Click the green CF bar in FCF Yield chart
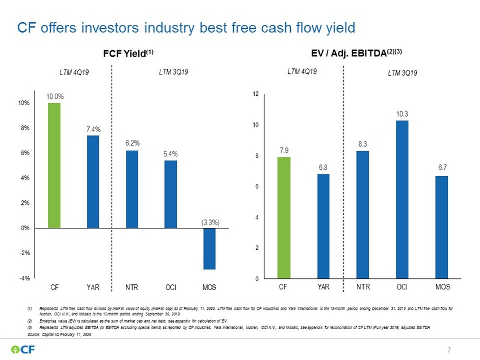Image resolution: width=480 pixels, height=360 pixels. (54, 165)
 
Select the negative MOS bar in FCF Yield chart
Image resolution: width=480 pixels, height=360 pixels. (210, 249)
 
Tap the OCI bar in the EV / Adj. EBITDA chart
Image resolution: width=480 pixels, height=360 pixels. (402, 199)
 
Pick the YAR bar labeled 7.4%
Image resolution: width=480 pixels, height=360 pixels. (93, 182)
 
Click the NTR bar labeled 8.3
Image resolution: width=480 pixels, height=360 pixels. (363, 215)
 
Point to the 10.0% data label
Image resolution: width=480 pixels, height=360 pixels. (55, 96)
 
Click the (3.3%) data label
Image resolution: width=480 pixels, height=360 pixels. (210, 222)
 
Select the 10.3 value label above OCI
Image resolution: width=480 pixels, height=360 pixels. (402, 114)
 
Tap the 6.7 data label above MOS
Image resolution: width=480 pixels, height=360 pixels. (442, 168)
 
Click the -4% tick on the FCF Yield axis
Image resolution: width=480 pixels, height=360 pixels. (25, 278)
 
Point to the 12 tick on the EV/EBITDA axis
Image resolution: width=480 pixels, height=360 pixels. (256, 94)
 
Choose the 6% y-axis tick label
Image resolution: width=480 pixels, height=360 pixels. (25, 153)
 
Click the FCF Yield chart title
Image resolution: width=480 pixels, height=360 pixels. (128, 53)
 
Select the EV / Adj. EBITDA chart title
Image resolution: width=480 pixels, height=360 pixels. (356, 53)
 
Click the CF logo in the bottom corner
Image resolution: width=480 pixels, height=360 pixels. (23, 349)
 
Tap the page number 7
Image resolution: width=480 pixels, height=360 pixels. (449, 350)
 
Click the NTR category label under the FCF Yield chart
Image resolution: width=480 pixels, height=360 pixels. (132, 288)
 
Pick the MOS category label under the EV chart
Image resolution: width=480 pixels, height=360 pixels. (443, 287)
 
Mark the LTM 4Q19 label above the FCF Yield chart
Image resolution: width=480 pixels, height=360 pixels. (74, 72)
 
